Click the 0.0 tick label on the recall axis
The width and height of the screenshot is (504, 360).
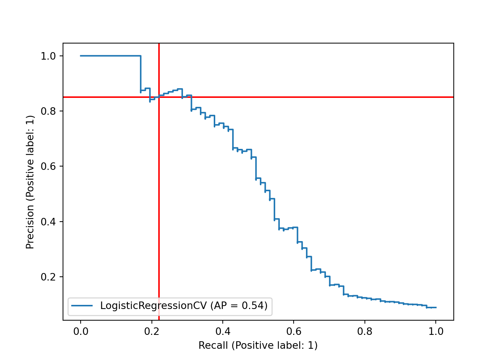pos(80,331)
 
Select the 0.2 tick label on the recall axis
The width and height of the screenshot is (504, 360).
pos(151,331)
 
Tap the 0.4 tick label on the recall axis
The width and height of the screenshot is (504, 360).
pos(223,331)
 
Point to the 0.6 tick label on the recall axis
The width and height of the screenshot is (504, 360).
pos(294,331)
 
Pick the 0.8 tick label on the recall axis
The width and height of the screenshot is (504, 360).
pos(365,331)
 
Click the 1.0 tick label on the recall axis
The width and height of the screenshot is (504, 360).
pos(436,331)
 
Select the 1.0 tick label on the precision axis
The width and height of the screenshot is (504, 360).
pos(48,56)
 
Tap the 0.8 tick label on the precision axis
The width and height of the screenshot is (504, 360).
pos(48,111)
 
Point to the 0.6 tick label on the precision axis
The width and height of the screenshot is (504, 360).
pos(48,166)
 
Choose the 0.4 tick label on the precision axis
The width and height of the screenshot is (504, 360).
pos(48,222)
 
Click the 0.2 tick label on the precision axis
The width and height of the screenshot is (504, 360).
pos(48,277)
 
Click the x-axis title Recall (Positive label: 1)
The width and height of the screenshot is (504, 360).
pos(258,345)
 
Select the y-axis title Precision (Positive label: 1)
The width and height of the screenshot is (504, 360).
pos(30,182)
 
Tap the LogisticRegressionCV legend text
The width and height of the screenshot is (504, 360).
pos(184,306)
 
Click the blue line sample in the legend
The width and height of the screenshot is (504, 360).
pos(82,306)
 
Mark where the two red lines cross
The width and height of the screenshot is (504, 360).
pos(159,97)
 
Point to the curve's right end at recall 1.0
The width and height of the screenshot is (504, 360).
pos(436,307)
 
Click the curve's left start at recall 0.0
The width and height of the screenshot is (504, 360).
pos(81,56)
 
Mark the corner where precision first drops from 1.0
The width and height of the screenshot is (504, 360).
pos(141,56)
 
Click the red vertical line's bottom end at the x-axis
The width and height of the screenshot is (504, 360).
pos(159,320)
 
